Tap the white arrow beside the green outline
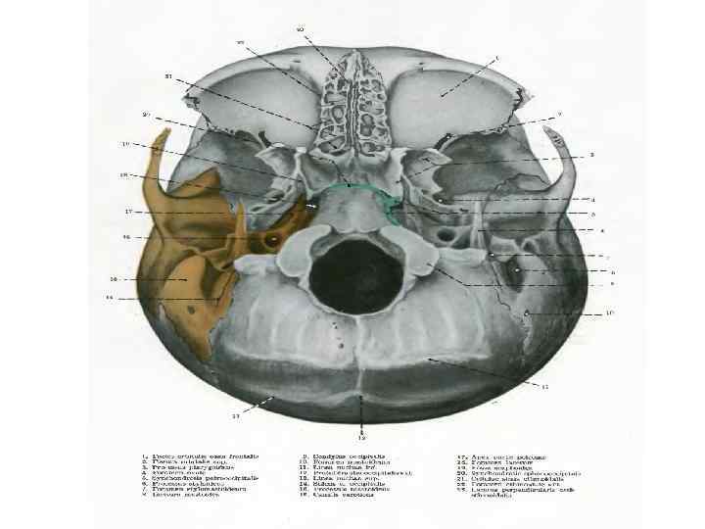311,208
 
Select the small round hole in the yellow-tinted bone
272,239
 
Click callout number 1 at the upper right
496,59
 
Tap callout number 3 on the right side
593,155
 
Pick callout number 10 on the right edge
610,313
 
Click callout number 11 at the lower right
545,387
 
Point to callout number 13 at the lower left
235,417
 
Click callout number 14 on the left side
111,297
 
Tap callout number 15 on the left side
113,278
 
